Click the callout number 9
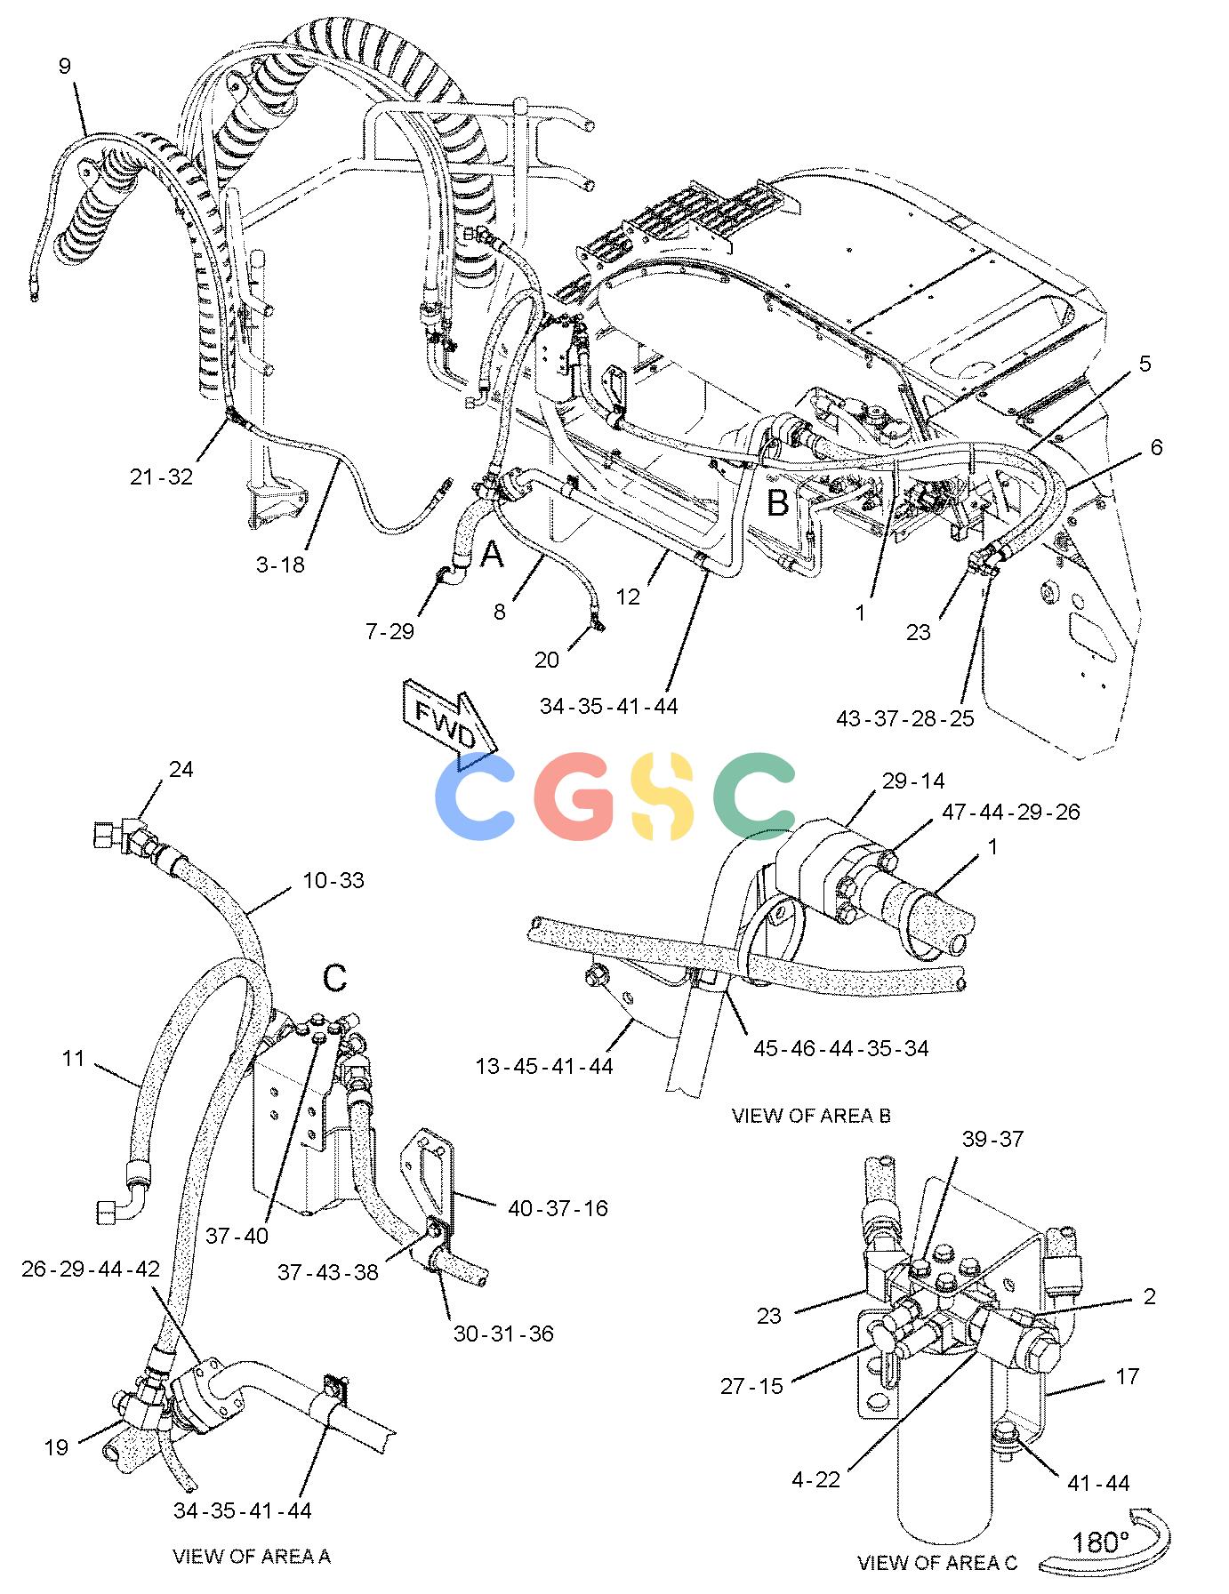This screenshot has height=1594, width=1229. click(64, 66)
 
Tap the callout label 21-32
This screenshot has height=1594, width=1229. click(161, 477)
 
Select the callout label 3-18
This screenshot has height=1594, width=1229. click(280, 565)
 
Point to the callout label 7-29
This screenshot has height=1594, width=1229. click(390, 631)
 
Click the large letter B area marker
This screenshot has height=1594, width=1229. click(778, 503)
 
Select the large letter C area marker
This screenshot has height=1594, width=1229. click(334, 978)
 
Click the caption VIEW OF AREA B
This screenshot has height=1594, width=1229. click(811, 1115)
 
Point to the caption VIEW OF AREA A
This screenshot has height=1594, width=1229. click(252, 1556)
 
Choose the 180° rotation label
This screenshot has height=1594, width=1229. click(1100, 1542)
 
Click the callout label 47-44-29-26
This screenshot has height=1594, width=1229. click(1011, 812)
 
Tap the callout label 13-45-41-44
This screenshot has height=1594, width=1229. click(544, 1065)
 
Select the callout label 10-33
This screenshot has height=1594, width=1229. click(333, 880)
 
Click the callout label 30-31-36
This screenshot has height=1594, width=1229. click(503, 1334)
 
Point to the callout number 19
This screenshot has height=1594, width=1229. click(56, 1447)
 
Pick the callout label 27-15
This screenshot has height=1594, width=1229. click(752, 1386)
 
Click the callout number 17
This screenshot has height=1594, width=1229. click(1127, 1376)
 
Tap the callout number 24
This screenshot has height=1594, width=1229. click(181, 769)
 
